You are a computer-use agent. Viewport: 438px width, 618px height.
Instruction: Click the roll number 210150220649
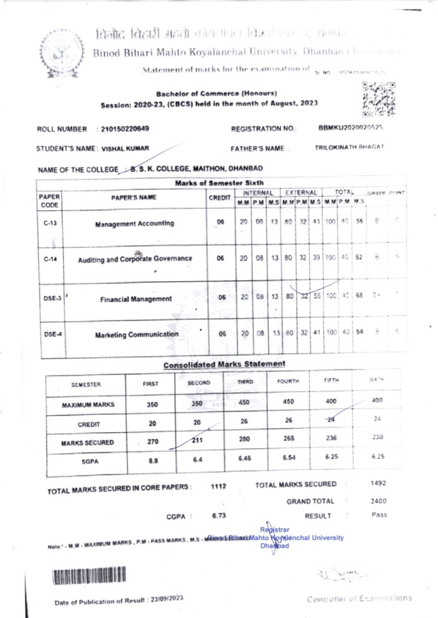[x=125, y=129]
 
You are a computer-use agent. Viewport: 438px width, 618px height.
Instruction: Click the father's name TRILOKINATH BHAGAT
[x=350, y=148]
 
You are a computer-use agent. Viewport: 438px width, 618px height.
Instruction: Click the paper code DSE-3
[x=49, y=299]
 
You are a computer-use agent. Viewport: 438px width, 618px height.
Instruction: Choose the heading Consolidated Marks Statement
[x=225, y=364]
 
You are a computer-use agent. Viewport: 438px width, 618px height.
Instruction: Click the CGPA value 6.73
[x=218, y=516]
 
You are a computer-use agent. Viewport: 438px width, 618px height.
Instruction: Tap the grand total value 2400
[x=378, y=500]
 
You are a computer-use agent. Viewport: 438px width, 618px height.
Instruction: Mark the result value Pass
[x=379, y=515]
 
